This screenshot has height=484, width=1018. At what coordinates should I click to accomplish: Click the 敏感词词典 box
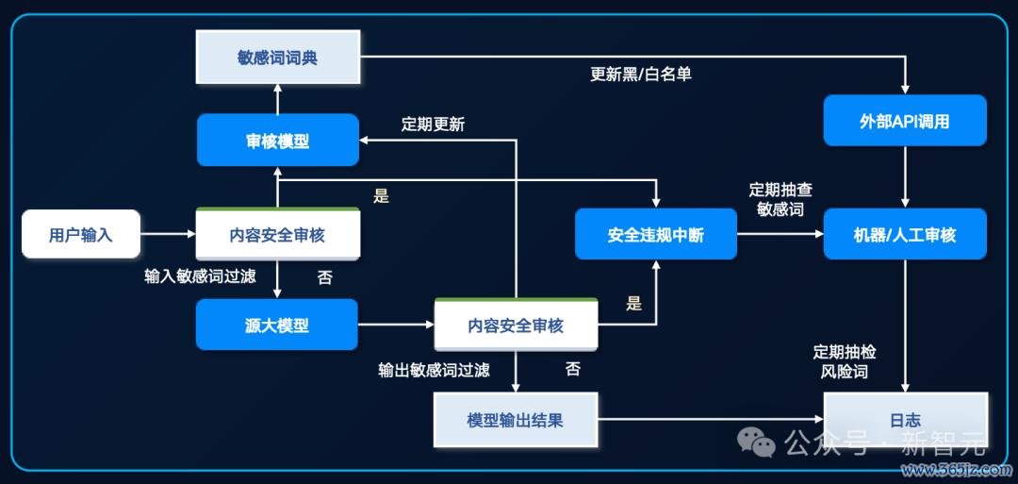click(x=278, y=58)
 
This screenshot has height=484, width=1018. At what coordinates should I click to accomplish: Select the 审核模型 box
click(x=278, y=141)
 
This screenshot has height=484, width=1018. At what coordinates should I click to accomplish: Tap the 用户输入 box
click(x=81, y=234)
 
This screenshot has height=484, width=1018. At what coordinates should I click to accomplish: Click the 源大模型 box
click(x=276, y=325)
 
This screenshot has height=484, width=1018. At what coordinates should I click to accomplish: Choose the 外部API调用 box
click(x=905, y=121)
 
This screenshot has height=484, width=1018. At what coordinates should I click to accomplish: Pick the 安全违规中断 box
click(x=656, y=234)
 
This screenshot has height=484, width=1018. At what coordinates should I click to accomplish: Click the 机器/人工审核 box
click(x=905, y=234)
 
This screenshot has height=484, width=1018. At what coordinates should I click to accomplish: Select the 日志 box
click(x=906, y=420)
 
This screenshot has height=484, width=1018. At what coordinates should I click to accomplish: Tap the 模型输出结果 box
click(x=516, y=420)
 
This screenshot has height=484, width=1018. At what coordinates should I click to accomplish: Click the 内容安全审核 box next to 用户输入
click(x=278, y=234)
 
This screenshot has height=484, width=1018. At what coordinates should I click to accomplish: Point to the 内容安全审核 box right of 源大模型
click(x=516, y=325)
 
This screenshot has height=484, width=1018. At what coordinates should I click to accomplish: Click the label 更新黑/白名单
click(x=641, y=74)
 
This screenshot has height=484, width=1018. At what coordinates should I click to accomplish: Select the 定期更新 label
click(x=433, y=125)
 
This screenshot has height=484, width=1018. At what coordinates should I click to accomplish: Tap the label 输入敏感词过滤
click(x=200, y=276)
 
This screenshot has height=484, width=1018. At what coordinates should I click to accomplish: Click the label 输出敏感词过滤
click(x=434, y=370)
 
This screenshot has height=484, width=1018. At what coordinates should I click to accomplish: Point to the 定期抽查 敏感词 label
click(x=780, y=199)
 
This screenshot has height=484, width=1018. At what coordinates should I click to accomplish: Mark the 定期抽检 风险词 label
click(x=844, y=362)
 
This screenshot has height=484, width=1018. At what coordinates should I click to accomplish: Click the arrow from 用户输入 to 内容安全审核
click(x=168, y=234)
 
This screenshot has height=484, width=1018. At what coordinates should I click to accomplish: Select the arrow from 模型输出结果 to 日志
click(x=711, y=419)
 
